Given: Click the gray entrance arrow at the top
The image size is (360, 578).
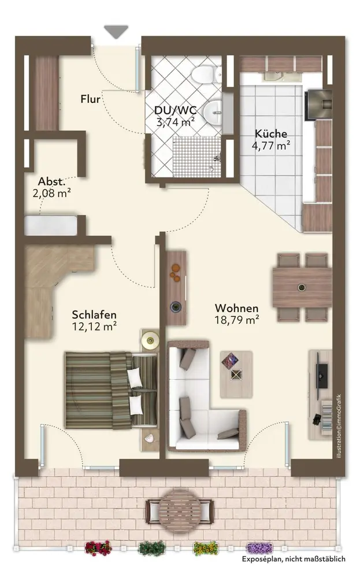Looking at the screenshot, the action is [x=116, y=31].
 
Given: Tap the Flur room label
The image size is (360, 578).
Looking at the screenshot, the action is [x=91, y=99].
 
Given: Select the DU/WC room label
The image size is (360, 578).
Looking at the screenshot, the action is [x=175, y=110].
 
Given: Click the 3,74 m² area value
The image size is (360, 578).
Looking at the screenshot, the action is [x=176, y=121].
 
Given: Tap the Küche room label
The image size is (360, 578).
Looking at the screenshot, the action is [x=271, y=134].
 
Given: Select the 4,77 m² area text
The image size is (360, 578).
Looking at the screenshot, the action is [x=271, y=145].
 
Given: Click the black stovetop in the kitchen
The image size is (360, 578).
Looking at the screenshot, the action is [x=318, y=105].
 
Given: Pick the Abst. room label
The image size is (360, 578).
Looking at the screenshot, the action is [x=51, y=181].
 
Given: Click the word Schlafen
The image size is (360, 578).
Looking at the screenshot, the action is [x=94, y=315].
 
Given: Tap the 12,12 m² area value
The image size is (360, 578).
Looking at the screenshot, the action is [x=95, y=326].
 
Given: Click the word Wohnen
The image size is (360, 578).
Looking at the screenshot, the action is [x=236, y=308].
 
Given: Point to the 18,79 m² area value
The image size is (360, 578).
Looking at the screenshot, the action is [x=236, y=320].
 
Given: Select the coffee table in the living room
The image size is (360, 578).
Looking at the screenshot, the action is [x=236, y=374].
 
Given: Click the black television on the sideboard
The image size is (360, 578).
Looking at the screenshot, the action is [x=322, y=376].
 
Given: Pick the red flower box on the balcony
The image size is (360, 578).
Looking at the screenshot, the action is [x=98, y=548].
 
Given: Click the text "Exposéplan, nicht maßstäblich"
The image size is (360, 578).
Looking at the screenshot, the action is [x=294, y=559].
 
